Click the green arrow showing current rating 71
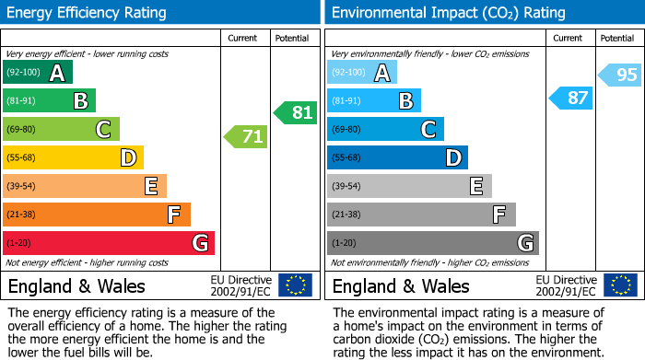pyautogui.click(x=246, y=137)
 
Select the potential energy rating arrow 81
pyautogui.click(x=295, y=113)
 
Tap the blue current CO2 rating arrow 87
pyautogui.click(x=571, y=98)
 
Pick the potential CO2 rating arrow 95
pyautogui.click(x=620, y=75)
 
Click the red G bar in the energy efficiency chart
pyautogui.click(x=109, y=243)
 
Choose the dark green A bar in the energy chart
pyautogui.click(x=37, y=73)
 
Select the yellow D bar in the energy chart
pyautogui.click(x=73, y=157)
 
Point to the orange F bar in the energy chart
pyautogui.click(x=97, y=215)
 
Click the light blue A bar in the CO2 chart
pyautogui.click(x=361, y=73)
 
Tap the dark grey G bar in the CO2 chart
pyautogui.click(x=432, y=243)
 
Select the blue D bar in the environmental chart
pyautogui.click(x=397, y=157)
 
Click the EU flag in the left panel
pyautogui.click(x=295, y=285)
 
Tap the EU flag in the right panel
pyautogui.click(x=620, y=285)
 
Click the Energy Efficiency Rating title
pyautogui.click(x=88, y=13)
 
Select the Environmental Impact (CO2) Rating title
pyautogui.click(x=448, y=13)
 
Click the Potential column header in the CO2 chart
pyautogui.click(x=616, y=38)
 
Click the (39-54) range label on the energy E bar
pyautogui.click(x=21, y=187)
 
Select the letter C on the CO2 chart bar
pyautogui.click(x=428, y=130)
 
